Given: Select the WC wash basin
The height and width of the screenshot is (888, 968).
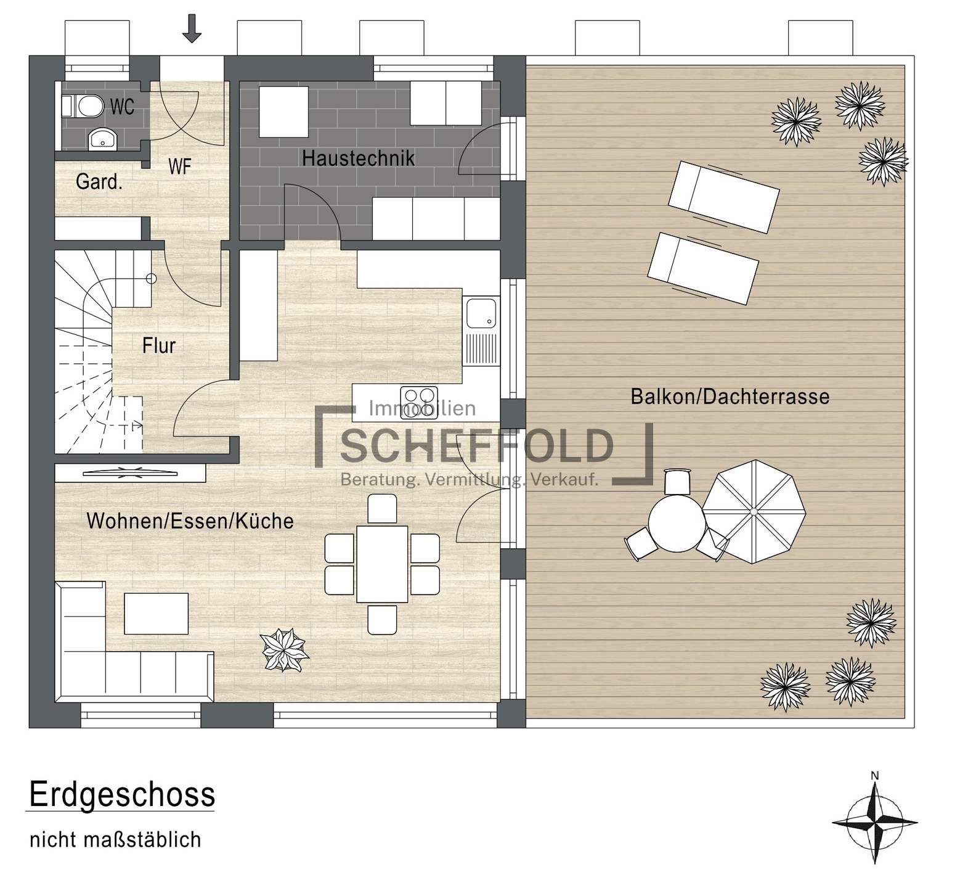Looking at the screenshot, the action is point(102,140).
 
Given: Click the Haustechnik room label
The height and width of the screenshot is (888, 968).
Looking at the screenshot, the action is point(358,158).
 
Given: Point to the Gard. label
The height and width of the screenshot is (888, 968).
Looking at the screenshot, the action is point(99,182).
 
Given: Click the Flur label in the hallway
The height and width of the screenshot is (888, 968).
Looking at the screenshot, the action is point(159,345).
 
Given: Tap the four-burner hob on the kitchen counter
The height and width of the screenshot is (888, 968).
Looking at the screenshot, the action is point(419,394).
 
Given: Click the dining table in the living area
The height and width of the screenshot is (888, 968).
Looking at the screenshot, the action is point(382,564).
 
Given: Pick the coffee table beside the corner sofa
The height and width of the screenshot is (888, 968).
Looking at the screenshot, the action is point(157,614).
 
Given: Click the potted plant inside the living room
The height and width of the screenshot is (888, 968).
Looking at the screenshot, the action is point(284,650).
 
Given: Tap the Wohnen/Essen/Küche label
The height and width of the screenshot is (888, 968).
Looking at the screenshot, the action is point(190,521).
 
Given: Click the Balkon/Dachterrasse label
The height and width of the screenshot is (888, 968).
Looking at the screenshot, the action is point(730,397).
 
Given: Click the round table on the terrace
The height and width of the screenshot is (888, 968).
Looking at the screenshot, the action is point(676,523).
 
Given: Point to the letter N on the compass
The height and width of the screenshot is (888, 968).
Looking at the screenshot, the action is point(874,776).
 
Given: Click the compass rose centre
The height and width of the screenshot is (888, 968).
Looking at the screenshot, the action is point(874,823).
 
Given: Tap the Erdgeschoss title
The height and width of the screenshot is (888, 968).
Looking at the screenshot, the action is point(122,795).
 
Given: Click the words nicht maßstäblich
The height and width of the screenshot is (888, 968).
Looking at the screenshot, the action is point(115,840).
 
